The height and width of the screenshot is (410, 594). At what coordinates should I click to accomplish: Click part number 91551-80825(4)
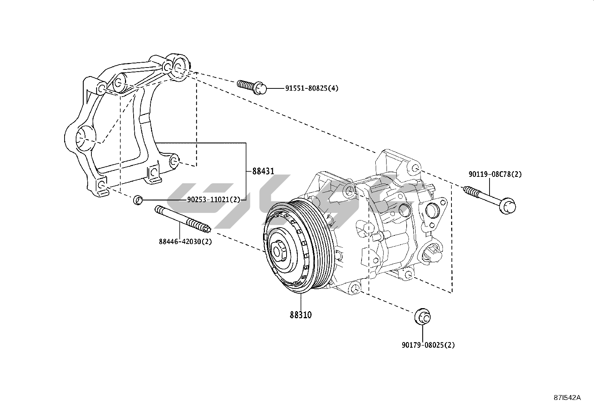(312, 88)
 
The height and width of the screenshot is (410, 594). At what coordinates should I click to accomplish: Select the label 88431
(263, 171)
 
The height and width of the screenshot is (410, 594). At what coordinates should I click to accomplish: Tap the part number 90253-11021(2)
(213, 200)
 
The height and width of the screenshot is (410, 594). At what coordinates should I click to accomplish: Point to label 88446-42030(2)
(185, 242)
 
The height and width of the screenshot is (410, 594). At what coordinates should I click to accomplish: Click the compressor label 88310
(301, 315)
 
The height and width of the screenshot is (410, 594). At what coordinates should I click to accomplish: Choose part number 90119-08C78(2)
(495, 174)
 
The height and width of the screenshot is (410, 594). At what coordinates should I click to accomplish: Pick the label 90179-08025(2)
(428, 345)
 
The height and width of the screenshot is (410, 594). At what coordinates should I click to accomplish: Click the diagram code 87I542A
(567, 398)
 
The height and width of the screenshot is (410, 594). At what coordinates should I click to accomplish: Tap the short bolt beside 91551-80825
(251, 87)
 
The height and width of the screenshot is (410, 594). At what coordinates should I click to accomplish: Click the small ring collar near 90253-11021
(138, 200)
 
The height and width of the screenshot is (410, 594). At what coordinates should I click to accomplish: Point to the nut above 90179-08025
(422, 316)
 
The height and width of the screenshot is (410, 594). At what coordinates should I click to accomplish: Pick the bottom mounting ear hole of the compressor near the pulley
(356, 288)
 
